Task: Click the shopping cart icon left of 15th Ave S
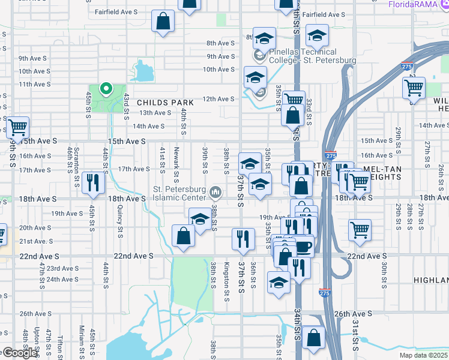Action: (17, 127)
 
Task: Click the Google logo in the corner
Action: (19, 353)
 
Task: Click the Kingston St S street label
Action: (227, 275)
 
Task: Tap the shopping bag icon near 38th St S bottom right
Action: (314, 337)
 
